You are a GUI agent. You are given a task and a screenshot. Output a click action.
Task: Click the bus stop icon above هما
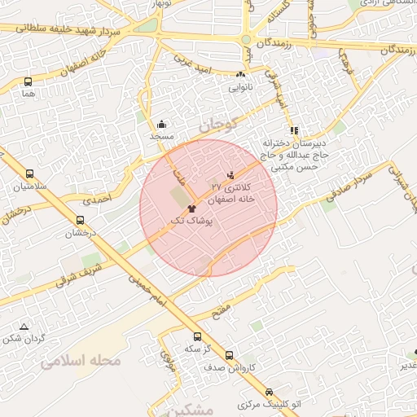[29, 81]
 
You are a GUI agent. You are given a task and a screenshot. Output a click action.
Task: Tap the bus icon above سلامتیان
[30, 173]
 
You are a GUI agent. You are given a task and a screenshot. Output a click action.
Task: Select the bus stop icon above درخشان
[80, 220]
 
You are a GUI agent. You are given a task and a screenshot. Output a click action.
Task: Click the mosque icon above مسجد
[161, 125]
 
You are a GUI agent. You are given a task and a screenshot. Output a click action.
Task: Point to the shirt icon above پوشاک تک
[191, 208]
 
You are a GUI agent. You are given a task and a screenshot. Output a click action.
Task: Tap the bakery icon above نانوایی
[240, 74]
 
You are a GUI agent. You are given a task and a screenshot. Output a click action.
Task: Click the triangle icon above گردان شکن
[24, 325]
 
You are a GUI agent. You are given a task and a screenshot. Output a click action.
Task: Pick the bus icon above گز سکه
[197, 336]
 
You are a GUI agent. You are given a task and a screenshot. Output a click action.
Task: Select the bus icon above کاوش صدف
[229, 355]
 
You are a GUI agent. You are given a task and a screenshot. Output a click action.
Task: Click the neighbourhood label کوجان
[216, 125]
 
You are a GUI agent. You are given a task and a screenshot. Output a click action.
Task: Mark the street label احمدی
[96, 198]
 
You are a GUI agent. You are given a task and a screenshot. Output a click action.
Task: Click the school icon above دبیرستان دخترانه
[293, 130]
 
